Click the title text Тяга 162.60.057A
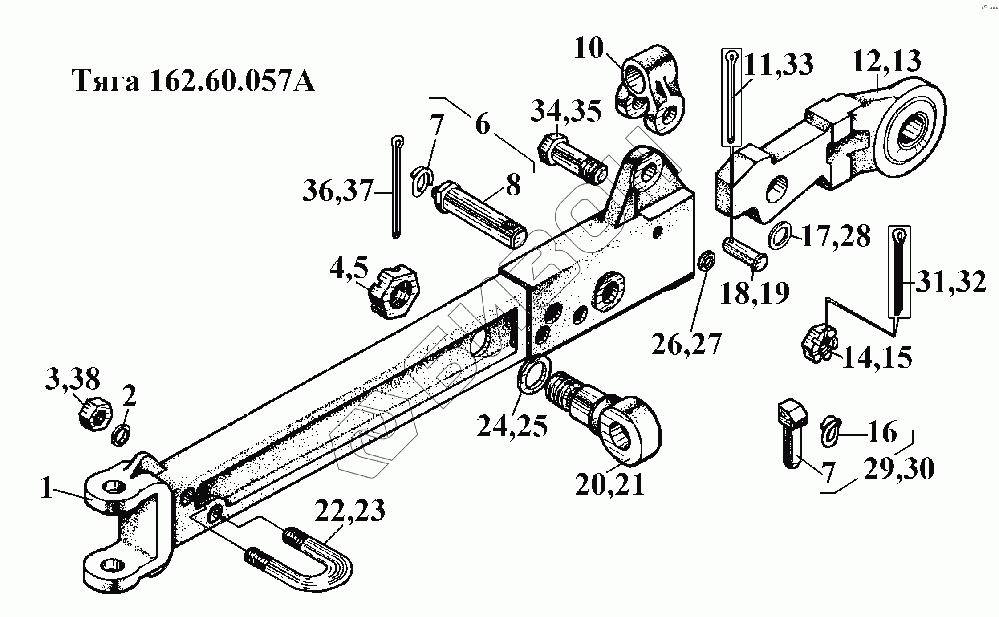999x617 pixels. [194, 81]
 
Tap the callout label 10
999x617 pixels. [589, 49]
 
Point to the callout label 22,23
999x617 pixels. [349, 511]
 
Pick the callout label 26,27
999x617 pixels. [686, 344]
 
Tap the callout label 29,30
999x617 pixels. [898, 469]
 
